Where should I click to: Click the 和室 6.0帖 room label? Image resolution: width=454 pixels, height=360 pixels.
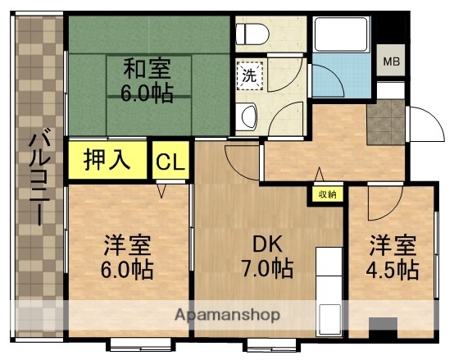[148, 79]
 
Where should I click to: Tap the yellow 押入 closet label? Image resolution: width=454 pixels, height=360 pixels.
[107, 160]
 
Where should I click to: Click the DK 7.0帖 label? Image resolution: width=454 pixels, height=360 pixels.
[267, 255]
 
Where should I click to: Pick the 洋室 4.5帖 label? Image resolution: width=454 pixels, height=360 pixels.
[393, 257]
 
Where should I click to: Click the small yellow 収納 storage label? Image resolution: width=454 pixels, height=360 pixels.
[326, 194]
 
